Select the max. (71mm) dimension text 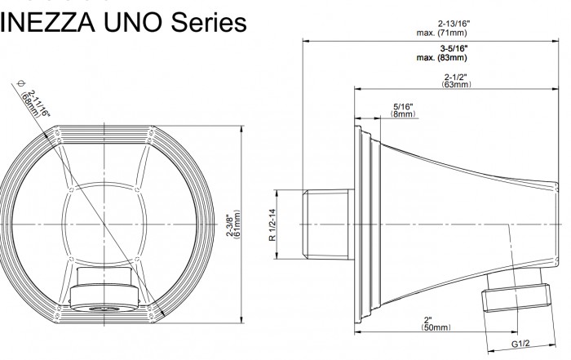[x=441, y=33]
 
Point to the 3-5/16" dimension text [x=441, y=49]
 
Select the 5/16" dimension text [x=403, y=107]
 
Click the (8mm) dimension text [x=403, y=115]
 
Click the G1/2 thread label [x=519, y=344]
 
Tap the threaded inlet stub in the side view [x=328, y=224]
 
